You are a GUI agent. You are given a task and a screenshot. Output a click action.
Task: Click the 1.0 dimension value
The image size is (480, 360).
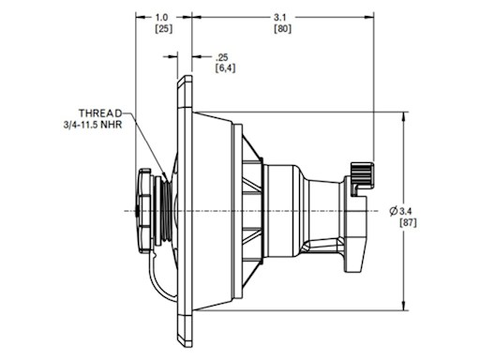(x=161, y=18)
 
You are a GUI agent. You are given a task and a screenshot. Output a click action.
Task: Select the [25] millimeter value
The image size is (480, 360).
(x=164, y=29)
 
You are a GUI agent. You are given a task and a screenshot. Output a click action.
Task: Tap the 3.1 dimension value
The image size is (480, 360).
(x=280, y=18)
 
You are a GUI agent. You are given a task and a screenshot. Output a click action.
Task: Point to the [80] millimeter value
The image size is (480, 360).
(x=282, y=29)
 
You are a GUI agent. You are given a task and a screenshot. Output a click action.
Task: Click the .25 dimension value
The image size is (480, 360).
(x=222, y=57)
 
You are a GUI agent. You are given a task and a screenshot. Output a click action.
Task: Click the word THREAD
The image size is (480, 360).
(x=100, y=112)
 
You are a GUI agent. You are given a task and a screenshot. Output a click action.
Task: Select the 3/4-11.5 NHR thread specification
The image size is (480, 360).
(x=93, y=125)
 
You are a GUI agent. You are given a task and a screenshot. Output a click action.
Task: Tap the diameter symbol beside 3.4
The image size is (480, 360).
(x=394, y=211)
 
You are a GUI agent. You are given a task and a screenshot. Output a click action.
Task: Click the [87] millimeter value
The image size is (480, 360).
(x=408, y=223)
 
